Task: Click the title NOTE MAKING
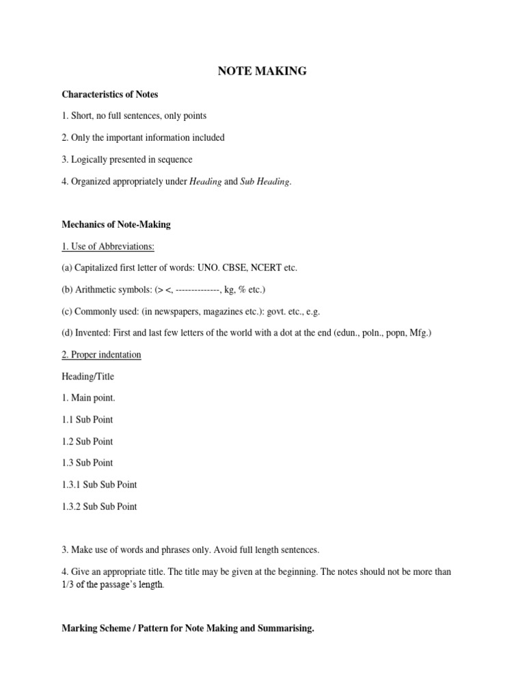(x=262, y=70)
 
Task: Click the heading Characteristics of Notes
(x=109, y=94)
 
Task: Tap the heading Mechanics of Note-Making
(x=116, y=224)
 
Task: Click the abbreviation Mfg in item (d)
(x=419, y=333)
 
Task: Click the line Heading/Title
(x=87, y=377)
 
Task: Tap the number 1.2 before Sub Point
(x=68, y=441)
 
